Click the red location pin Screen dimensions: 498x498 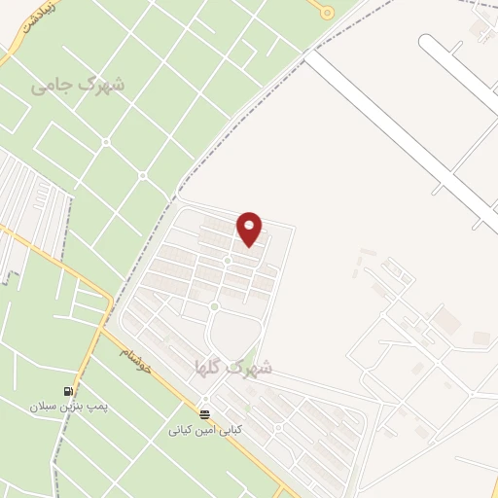click(x=250, y=230)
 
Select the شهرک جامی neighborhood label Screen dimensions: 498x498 click(x=78, y=85)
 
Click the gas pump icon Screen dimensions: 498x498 click(x=69, y=392)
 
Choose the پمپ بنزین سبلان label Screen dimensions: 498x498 click(x=67, y=408)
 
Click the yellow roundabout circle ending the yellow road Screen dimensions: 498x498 click(x=327, y=13)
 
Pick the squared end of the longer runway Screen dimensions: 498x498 click(x=309, y=55)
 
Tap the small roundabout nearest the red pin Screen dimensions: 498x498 click(x=228, y=261)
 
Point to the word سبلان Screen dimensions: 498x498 click(x=45, y=408)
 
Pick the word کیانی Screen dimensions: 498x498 click(x=185, y=429)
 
